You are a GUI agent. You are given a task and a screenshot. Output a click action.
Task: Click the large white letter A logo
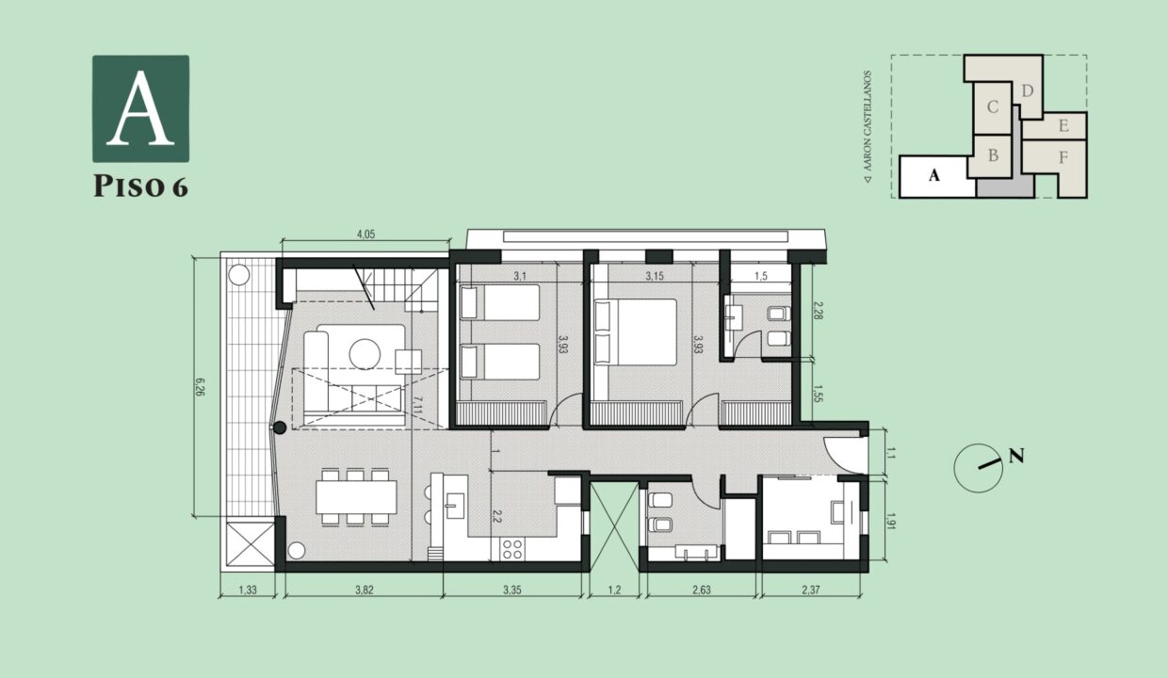pyautogui.click(x=140, y=108)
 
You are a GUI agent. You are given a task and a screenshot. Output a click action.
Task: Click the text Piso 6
pyautogui.click(x=140, y=186)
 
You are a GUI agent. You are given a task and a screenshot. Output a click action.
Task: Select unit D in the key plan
pyautogui.click(x=1028, y=91)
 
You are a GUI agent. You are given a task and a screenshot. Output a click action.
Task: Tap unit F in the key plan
pyautogui.click(x=1063, y=157)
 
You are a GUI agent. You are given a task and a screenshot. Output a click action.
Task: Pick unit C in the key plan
pyautogui.click(x=993, y=107)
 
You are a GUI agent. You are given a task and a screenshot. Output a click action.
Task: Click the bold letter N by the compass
pyautogui.click(x=1016, y=456)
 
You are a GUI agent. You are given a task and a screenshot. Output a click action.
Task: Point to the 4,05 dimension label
pyautogui.click(x=365, y=234)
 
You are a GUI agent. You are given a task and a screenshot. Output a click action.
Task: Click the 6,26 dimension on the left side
pyautogui.click(x=200, y=387)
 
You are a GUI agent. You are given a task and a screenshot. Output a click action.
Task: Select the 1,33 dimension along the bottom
pyautogui.click(x=248, y=589)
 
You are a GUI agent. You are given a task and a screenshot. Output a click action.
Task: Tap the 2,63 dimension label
pyautogui.click(x=702, y=589)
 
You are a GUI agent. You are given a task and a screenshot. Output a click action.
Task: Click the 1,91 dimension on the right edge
pyautogui.click(x=891, y=522)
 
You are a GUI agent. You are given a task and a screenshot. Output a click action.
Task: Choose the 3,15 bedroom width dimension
pyautogui.click(x=655, y=276)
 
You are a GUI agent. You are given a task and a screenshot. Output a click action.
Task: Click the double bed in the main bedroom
pyautogui.click(x=636, y=332)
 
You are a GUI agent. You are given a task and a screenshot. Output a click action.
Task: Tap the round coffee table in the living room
pyautogui.click(x=365, y=354)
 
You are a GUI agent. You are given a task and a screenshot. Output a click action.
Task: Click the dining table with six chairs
pyautogui.click(x=356, y=497)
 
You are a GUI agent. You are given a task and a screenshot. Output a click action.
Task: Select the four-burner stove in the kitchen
pyautogui.click(x=512, y=549)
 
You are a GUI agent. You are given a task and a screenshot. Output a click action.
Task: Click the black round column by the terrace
pyautogui.click(x=280, y=428)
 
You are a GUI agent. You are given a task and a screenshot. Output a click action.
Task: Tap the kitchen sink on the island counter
pyautogui.click(x=455, y=506)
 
